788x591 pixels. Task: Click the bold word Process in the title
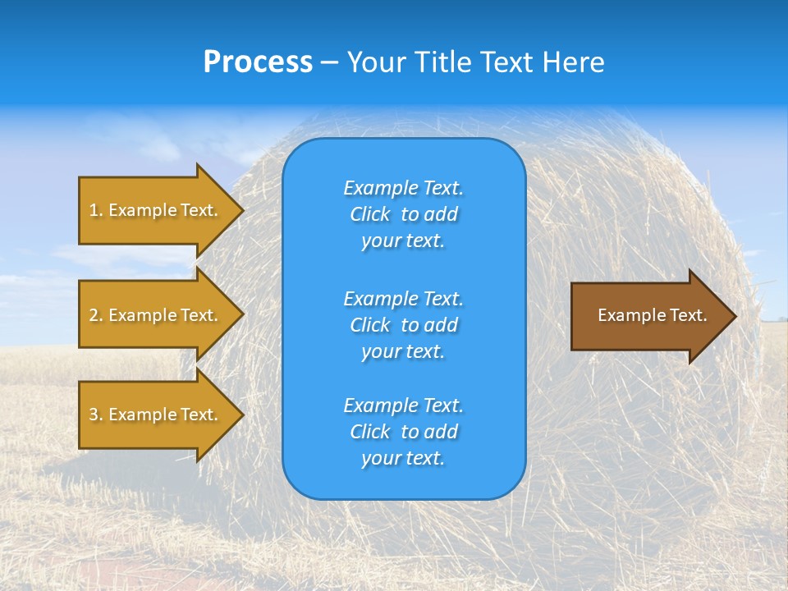[x=258, y=62]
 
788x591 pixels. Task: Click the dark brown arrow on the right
[x=648, y=316]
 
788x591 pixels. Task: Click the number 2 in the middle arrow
[x=94, y=315]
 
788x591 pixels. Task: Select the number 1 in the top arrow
[x=94, y=210]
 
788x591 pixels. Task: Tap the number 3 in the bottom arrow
[x=94, y=415]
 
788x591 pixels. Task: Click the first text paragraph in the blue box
[x=403, y=214]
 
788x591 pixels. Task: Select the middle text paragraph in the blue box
[x=403, y=325]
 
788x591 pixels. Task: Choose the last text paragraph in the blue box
[x=403, y=432]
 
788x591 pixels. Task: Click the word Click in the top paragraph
[x=370, y=214]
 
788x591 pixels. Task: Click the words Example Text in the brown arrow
[x=652, y=315]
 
